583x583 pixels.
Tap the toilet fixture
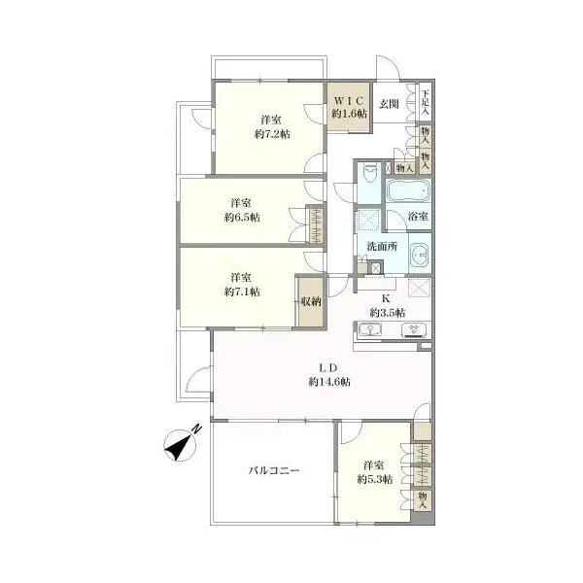[369, 172]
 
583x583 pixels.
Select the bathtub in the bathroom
[408, 190]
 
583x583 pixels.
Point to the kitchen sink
[370, 329]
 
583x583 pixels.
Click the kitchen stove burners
[414, 330]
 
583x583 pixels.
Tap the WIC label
[349, 101]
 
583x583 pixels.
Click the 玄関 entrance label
[389, 104]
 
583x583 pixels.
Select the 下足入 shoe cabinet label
[426, 102]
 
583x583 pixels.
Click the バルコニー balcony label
[274, 470]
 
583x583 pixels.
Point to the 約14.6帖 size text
[329, 382]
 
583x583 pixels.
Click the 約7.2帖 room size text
[272, 134]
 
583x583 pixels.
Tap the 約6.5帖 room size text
[242, 217]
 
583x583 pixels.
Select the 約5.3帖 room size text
[375, 479]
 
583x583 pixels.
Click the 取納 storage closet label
[311, 301]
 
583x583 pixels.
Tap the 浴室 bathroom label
[418, 216]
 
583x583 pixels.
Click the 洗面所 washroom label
[382, 246]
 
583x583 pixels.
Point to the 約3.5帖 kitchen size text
[388, 313]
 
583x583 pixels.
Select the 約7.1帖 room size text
[242, 291]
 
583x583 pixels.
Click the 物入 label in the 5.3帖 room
[423, 500]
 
